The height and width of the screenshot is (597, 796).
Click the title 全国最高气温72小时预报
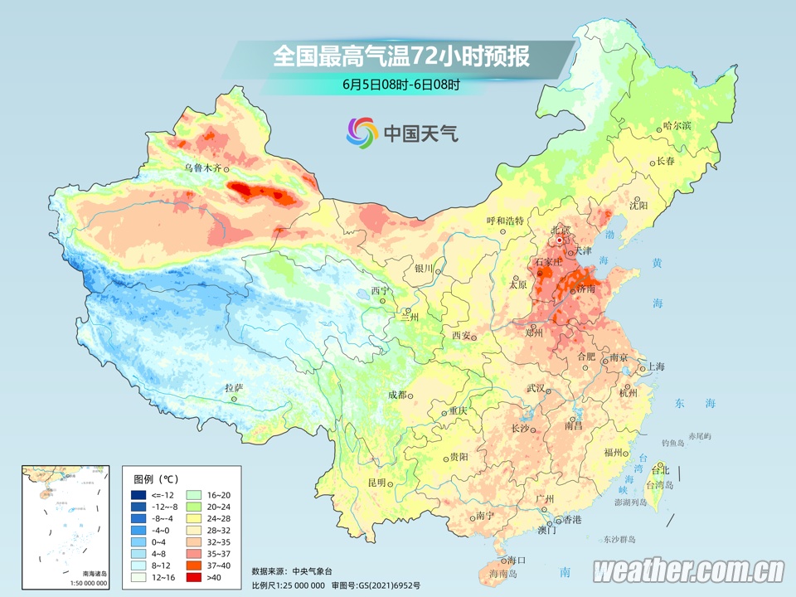point(400,56)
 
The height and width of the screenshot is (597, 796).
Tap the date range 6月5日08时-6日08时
point(400,84)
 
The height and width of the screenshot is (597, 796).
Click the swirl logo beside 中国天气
point(362,131)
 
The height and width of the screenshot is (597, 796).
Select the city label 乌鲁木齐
point(203,167)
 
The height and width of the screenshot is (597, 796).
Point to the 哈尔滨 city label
point(677,125)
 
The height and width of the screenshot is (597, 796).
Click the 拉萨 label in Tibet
point(233,387)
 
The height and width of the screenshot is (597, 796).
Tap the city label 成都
point(396,395)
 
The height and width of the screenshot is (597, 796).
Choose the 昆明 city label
point(376,483)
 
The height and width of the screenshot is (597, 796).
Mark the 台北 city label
point(660,470)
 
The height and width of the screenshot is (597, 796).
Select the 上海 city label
point(656,366)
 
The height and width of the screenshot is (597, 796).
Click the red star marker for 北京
point(560,240)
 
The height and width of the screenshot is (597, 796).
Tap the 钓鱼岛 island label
point(672,444)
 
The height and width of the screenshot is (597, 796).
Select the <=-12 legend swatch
point(139,495)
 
